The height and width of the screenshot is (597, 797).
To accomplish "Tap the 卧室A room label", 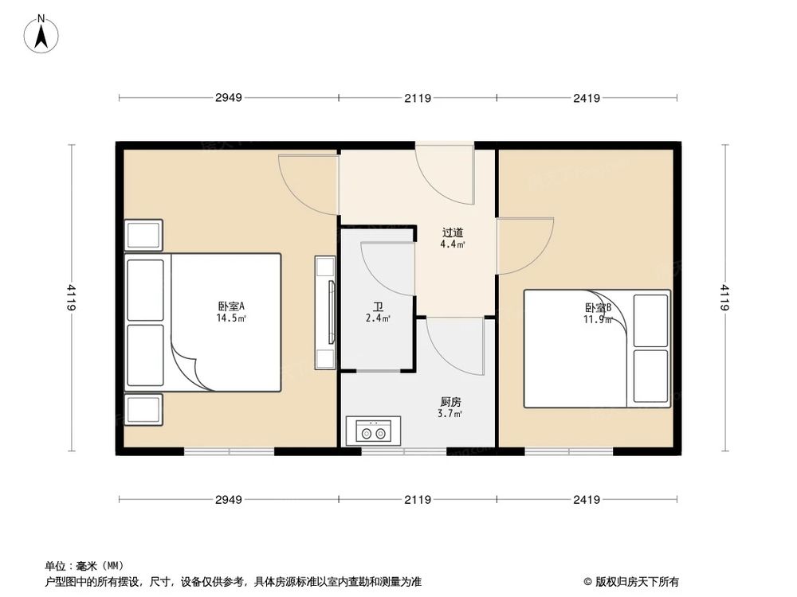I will point(231,306).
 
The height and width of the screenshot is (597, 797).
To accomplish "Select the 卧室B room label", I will point(598,308).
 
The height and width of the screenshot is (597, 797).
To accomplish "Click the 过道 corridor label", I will point(453,233).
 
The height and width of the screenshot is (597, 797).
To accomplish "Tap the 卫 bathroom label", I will point(376,306).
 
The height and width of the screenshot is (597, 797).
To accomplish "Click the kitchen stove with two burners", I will point(374,432).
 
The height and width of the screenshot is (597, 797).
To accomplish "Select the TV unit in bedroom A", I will point(325,311).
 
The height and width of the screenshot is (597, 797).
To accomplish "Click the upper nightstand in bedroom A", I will point(144,235).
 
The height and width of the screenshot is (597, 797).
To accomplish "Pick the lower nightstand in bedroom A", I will point(144,409).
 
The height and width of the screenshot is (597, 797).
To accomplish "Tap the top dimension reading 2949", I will point(228,99).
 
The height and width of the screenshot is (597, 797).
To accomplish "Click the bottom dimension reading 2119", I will point(418,500).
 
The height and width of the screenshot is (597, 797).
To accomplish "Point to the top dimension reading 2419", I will point(586,99).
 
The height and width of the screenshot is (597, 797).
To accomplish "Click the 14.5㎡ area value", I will point(231,318).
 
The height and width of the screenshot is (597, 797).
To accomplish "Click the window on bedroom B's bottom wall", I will point(568,452).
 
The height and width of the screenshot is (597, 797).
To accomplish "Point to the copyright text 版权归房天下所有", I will point(635,581).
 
